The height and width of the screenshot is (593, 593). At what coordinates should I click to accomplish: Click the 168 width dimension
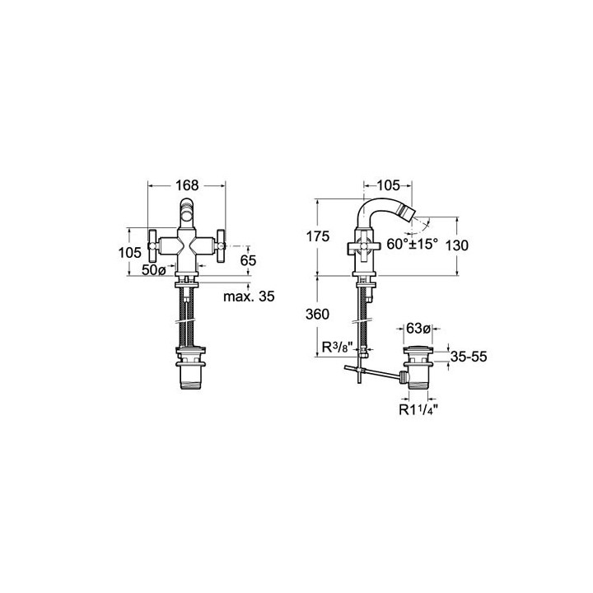(x=187, y=185)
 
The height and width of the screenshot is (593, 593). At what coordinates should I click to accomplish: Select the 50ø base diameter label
(x=153, y=270)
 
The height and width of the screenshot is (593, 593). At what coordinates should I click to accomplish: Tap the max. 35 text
(x=249, y=296)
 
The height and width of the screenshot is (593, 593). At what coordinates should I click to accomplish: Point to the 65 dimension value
(x=248, y=260)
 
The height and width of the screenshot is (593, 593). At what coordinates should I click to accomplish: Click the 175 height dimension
(x=318, y=236)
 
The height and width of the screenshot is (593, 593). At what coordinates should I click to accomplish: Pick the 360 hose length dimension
(x=317, y=314)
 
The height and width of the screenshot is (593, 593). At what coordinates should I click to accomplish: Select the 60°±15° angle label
(x=412, y=244)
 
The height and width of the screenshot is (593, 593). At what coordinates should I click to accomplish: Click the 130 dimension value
(x=457, y=245)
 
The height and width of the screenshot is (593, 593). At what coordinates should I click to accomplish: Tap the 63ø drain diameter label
(x=418, y=329)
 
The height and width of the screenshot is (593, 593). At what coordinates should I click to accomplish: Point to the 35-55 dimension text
(x=469, y=357)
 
